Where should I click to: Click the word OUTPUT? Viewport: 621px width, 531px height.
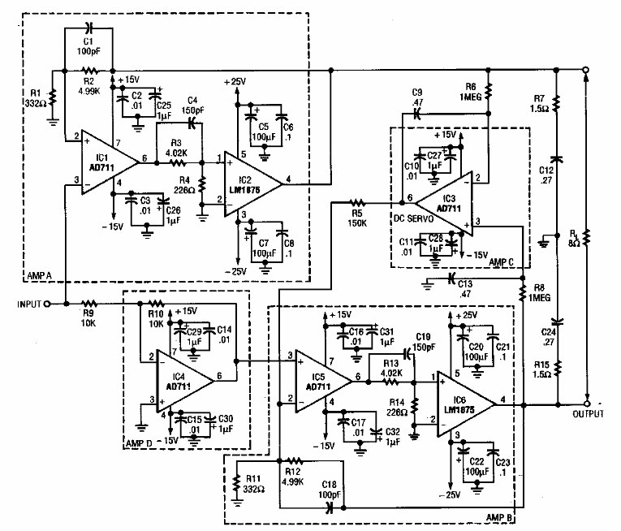[589, 414]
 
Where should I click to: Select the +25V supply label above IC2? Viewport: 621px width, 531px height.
[237, 82]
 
